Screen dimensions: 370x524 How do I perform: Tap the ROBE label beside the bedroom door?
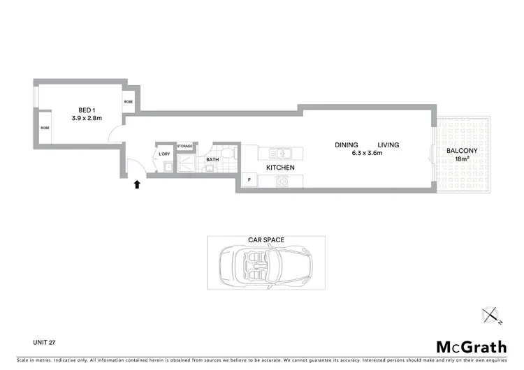(129, 102)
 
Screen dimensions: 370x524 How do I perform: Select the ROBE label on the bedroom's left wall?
(45, 128)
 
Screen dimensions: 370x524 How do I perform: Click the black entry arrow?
(137, 184)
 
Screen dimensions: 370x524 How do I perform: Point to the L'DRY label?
(165, 154)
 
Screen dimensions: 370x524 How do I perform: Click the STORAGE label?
(184, 146)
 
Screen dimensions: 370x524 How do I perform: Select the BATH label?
(212, 160)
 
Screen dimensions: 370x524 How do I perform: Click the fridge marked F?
(249, 181)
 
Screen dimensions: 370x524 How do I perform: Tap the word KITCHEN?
(280, 168)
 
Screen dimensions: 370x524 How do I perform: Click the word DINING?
(347, 145)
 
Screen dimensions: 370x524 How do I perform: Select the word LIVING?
(388, 145)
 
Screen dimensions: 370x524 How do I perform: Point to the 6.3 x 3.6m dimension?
(367, 153)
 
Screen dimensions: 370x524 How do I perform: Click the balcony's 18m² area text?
(461, 159)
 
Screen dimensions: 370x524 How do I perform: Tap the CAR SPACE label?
(266, 239)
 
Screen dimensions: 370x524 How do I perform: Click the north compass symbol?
(495, 316)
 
